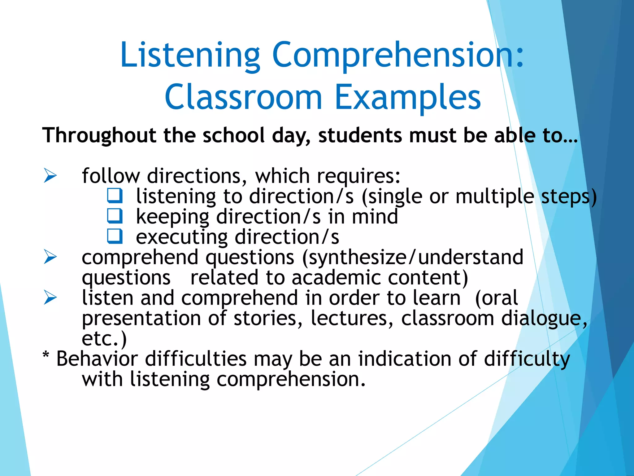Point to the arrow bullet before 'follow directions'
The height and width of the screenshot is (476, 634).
coord(50,175)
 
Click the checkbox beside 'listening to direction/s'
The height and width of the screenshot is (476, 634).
coord(115,196)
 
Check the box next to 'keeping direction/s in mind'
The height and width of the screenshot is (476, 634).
coord(115,216)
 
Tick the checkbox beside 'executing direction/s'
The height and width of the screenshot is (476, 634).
coord(115,236)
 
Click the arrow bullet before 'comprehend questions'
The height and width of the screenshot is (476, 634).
coord(50,257)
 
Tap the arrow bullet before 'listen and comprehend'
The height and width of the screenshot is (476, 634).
coord(50,297)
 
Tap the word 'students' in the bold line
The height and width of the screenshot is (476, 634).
coord(360,136)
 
